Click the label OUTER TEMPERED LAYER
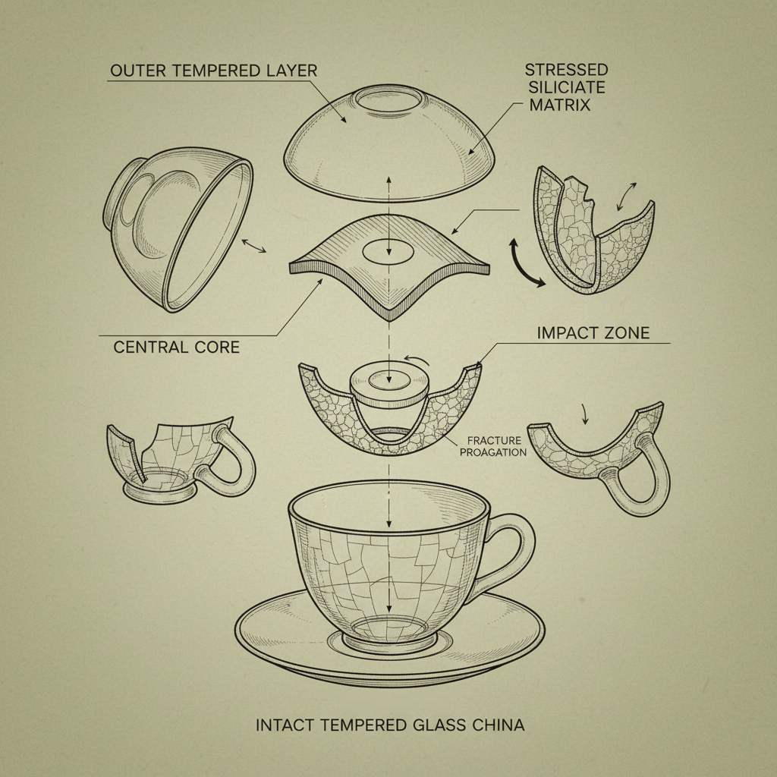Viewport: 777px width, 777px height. tap(213, 71)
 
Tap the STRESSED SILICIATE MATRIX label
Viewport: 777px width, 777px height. tap(567, 87)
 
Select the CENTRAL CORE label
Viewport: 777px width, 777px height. tap(176, 347)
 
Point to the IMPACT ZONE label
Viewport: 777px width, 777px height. tap(593, 332)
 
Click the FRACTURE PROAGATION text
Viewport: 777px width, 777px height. tap(493, 446)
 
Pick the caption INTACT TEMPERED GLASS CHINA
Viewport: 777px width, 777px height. tap(390, 725)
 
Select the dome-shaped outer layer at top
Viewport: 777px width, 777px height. tap(389, 143)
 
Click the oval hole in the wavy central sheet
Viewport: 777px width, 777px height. tap(388, 252)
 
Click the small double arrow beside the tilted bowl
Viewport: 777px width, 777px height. tap(253, 246)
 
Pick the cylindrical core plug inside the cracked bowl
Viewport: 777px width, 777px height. tap(389, 392)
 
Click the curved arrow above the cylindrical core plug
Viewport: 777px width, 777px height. tap(417, 360)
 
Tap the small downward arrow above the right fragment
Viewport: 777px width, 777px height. tap(585, 414)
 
